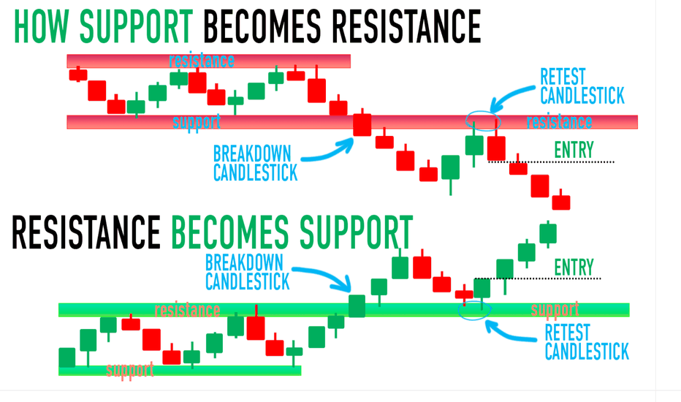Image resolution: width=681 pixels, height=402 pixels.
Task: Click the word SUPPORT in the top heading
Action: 136,26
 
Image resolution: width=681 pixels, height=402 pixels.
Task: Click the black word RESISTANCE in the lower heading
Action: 86,232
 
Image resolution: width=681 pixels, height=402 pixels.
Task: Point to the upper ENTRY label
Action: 574,151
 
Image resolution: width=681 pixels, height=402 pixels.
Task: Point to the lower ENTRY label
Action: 574,268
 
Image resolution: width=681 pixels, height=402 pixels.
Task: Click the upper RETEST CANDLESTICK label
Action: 582,86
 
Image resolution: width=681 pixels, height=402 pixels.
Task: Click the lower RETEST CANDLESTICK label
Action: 587,342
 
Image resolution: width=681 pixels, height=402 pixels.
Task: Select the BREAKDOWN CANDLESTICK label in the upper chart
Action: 256,163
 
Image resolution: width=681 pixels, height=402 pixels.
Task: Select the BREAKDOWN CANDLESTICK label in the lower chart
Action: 247,272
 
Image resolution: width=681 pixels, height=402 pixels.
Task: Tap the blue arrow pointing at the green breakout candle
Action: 324,277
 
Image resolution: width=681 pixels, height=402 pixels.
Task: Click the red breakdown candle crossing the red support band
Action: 362,124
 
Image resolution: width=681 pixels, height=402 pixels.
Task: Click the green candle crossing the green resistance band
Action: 357,306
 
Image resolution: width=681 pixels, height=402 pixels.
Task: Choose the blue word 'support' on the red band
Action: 197,122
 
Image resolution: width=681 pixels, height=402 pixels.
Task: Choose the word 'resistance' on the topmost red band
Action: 202,61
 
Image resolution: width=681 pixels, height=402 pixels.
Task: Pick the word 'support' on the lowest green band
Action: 130,370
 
